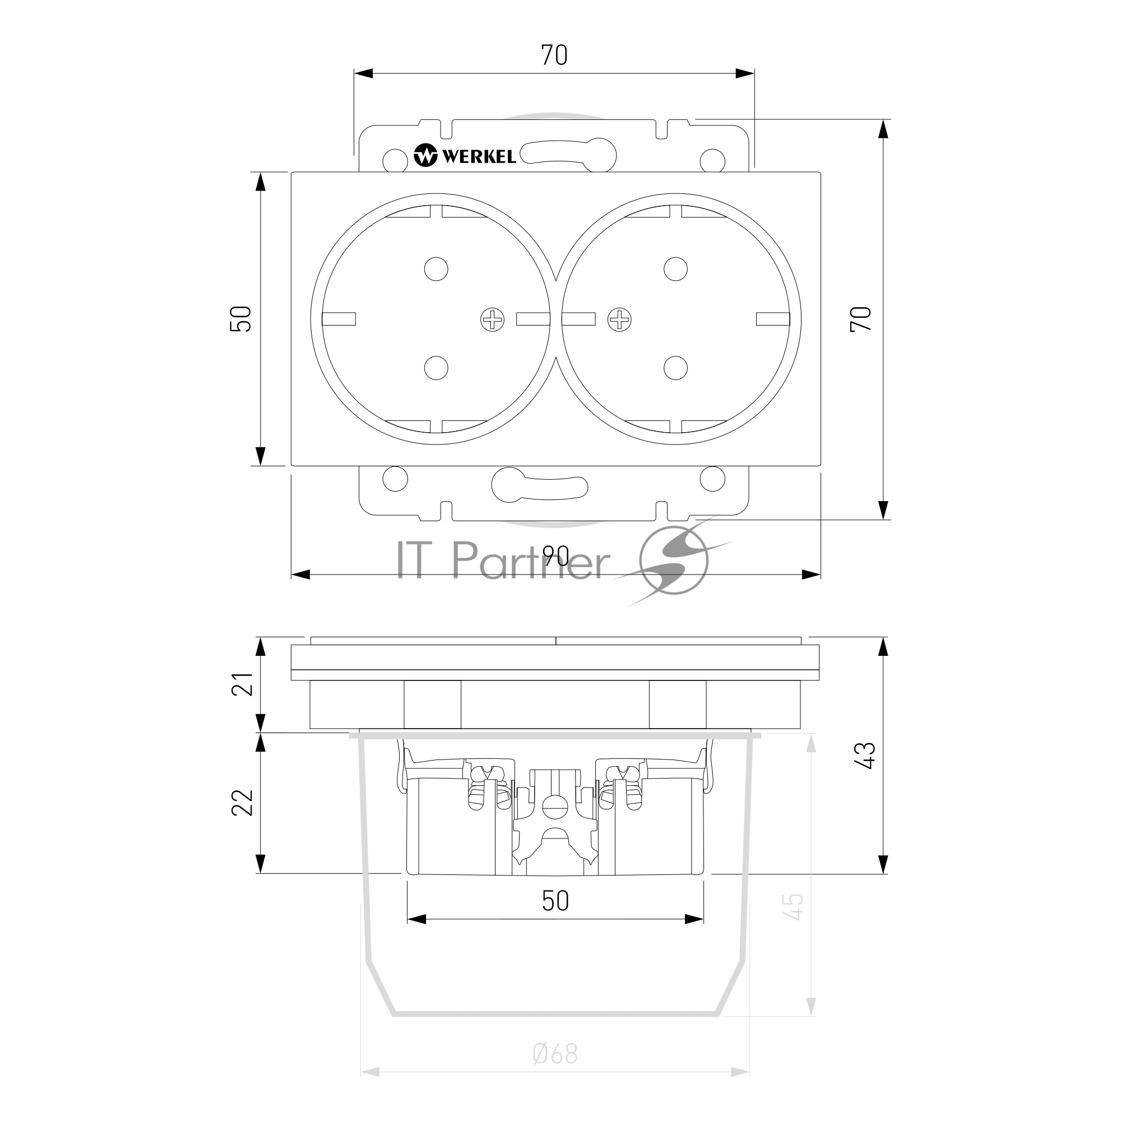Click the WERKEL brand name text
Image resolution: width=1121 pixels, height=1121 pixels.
point(479,156)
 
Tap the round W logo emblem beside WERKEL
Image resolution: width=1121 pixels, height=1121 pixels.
point(425,155)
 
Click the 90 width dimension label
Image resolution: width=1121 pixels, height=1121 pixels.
point(556,557)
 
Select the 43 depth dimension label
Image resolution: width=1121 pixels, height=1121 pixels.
point(867,756)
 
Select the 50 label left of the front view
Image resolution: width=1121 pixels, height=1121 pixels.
point(242,318)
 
